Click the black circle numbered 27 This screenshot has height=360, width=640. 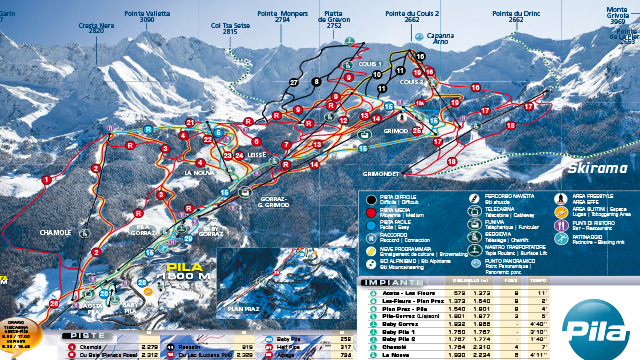tap(294, 81)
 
